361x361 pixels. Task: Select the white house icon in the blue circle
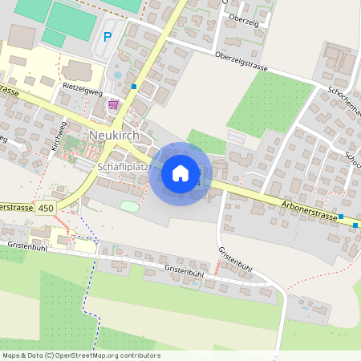coord(180,173)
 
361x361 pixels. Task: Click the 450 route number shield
coord(45,208)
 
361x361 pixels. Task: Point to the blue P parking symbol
coord(108,37)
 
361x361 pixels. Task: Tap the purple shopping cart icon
coord(114,103)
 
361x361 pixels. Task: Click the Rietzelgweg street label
coord(83,92)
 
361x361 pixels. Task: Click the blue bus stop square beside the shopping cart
coord(134,86)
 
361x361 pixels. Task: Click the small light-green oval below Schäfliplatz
coord(128,206)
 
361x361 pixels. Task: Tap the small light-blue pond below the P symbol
coord(119,75)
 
